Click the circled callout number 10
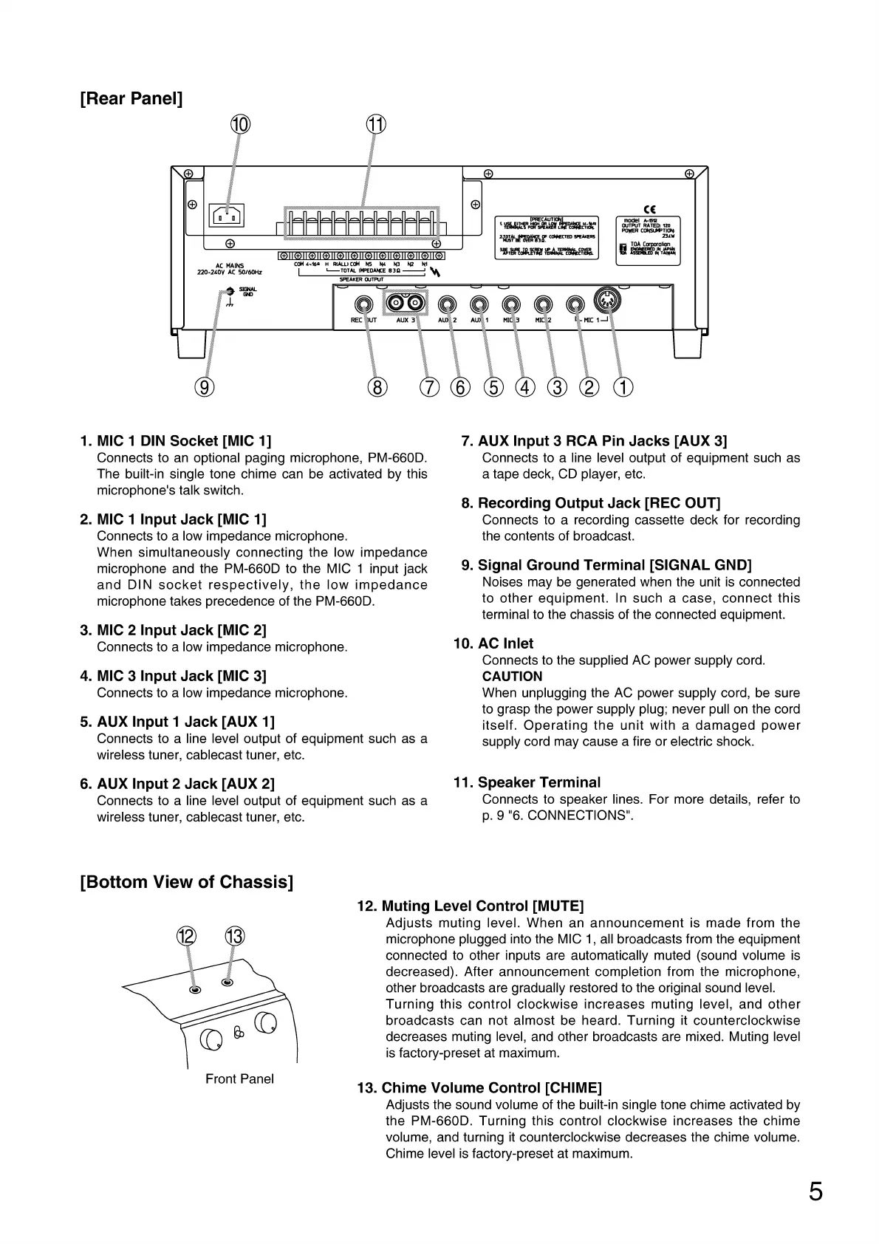(x=240, y=125)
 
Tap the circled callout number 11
(x=376, y=125)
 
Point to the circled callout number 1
(x=623, y=386)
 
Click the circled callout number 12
(x=185, y=937)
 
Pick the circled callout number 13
(x=234, y=937)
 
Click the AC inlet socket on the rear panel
(x=227, y=216)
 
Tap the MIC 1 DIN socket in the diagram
(x=608, y=299)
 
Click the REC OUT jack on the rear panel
(x=363, y=304)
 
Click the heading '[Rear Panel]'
(x=131, y=98)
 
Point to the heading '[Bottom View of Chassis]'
(x=186, y=882)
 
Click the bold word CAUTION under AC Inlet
(x=512, y=676)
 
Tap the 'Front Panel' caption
(x=239, y=1079)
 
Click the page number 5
(x=815, y=1192)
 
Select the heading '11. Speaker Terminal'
(x=527, y=782)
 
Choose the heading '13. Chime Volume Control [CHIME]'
(x=479, y=1087)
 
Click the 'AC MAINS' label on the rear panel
(x=230, y=266)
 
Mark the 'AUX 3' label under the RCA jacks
(x=406, y=321)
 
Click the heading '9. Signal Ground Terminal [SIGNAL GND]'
(x=606, y=565)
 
